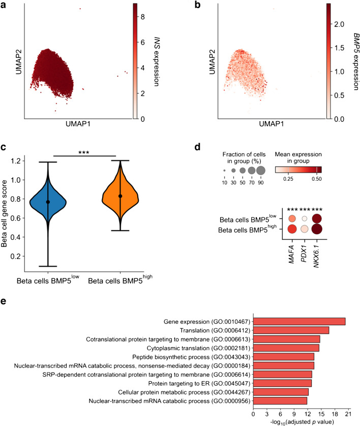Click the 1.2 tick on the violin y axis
(33, 161)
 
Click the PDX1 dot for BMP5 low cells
(305, 219)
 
